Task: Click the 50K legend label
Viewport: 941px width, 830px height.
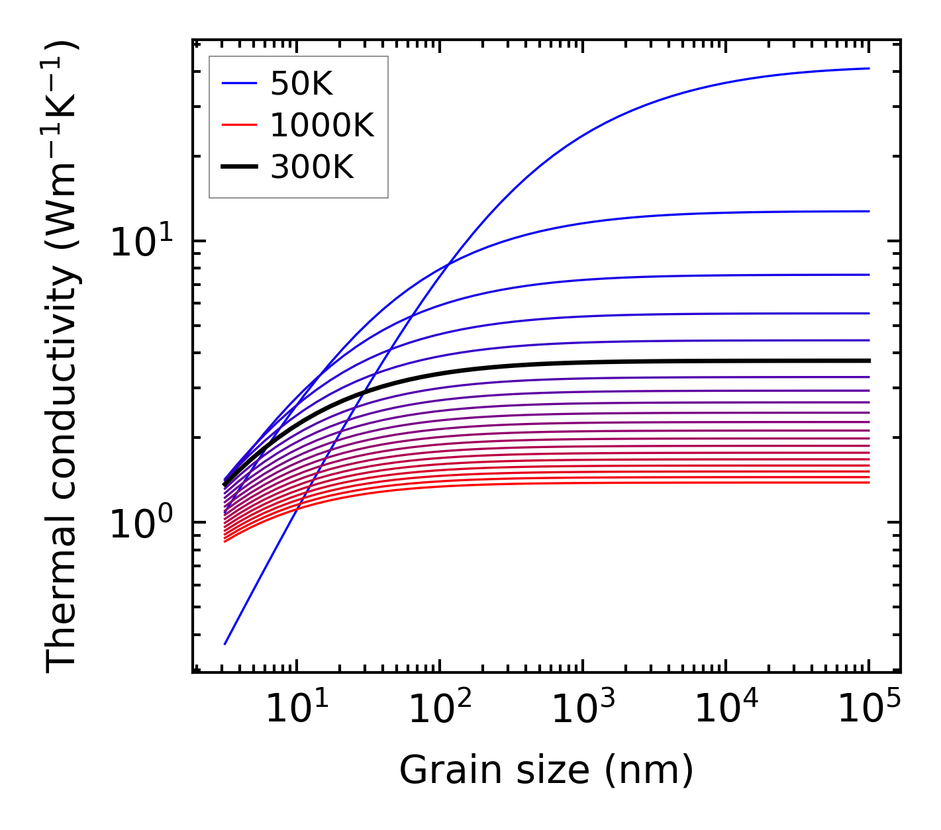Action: pos(301,84)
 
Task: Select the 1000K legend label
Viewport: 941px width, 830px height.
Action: pos(322,125)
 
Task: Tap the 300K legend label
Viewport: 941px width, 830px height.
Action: pos(312,167)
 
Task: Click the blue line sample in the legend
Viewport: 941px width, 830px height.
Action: pos(238,83)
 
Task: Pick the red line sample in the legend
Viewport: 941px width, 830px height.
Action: pos(238,125)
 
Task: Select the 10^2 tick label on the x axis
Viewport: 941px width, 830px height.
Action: pos(440,710)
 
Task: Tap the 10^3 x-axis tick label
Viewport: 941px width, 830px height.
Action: pos(583,710)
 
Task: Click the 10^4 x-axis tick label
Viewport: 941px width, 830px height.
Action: pos(726,710)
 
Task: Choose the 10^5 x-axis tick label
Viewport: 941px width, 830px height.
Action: pos(869,710)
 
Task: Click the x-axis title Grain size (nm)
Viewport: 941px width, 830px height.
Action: pos(546,770)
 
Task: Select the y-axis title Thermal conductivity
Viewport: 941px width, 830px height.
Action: pos(62,357)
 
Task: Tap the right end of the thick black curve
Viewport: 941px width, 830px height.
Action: pos(869,361)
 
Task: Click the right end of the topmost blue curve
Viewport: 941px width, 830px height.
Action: pos(869,68)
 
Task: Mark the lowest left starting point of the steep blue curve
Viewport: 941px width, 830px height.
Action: pos(225,644)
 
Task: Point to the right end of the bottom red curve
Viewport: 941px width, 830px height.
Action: pos(869,482)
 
